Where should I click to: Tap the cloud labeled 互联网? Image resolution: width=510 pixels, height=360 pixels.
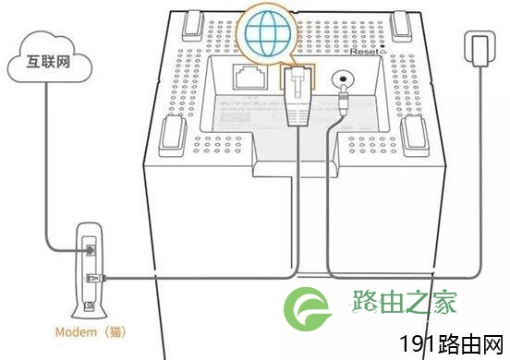50,57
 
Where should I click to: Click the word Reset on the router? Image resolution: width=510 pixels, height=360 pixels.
364,52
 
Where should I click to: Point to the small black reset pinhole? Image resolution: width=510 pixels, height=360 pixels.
382,47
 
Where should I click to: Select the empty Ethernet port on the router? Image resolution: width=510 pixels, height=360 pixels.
249,77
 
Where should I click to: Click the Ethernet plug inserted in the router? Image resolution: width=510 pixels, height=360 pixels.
297,96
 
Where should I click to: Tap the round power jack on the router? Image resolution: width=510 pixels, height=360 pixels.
342,79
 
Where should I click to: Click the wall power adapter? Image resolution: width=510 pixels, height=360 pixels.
480,49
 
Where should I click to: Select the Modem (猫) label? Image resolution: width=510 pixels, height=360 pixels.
91,332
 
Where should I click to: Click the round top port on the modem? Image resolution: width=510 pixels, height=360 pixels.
91,250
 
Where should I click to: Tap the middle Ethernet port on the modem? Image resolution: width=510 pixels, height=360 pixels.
92,279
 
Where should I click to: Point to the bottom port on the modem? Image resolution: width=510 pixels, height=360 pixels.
90,306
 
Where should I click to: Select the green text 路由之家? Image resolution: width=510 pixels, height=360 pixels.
404,302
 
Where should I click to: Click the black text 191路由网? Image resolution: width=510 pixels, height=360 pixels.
452,344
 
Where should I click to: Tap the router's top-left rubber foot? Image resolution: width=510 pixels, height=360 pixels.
193,26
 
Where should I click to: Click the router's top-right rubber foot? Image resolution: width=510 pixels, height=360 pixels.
402,27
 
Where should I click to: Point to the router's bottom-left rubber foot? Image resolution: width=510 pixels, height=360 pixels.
173,136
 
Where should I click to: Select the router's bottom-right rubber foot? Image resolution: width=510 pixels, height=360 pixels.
416,136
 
